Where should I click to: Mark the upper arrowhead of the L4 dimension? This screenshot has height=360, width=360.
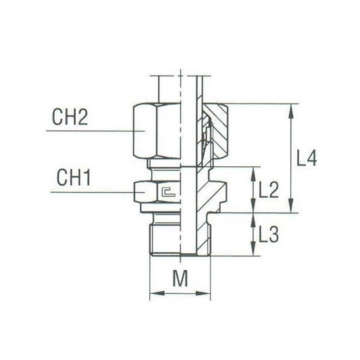tap(292, 109)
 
